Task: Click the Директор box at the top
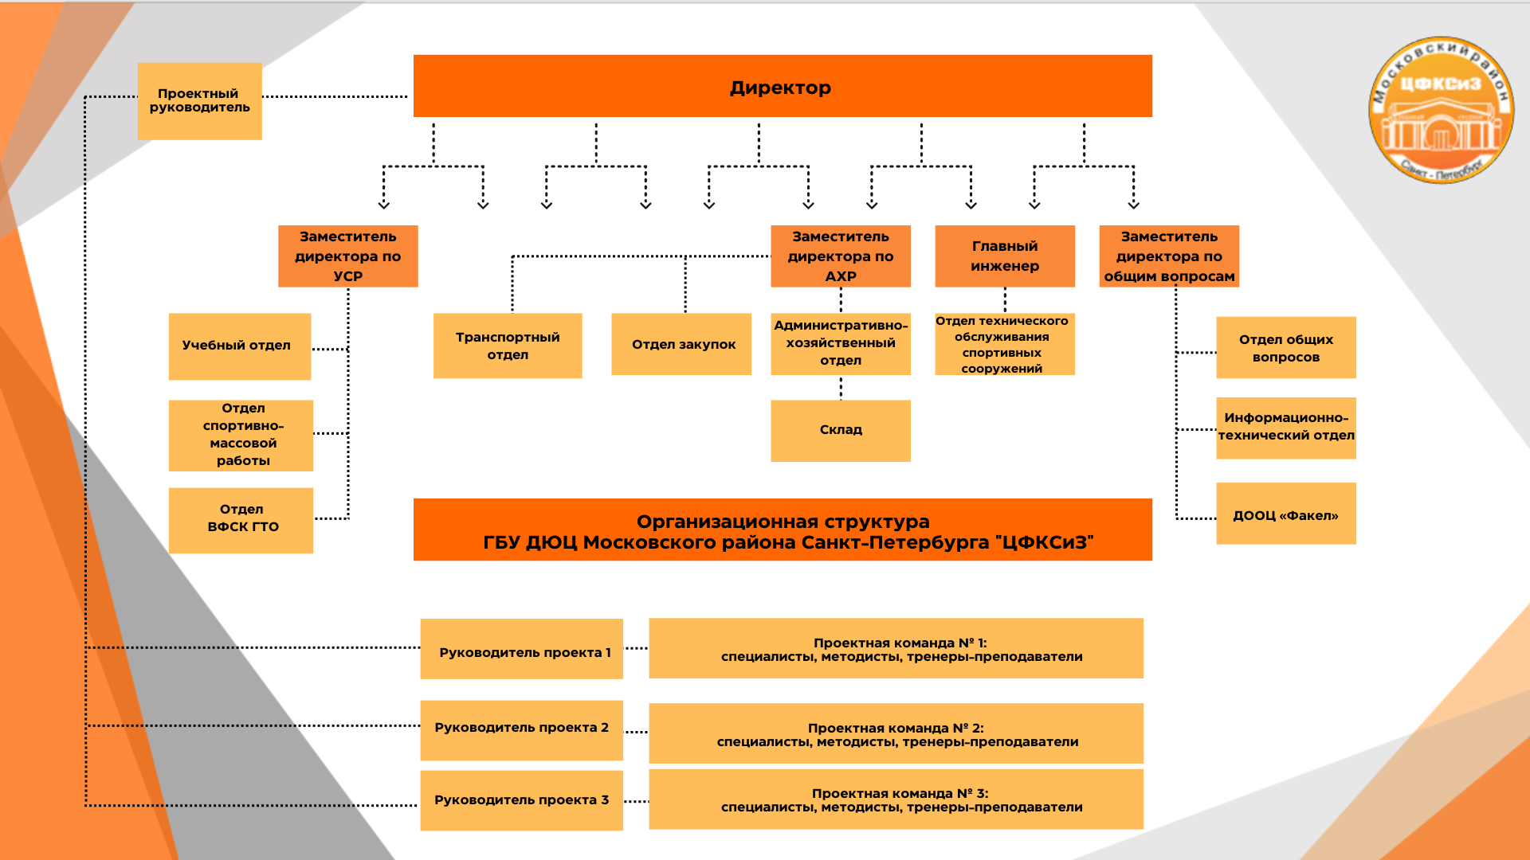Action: click(x=782, y=87)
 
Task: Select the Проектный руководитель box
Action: click(x=199, y=101)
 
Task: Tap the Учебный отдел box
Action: click(x=239, y=346)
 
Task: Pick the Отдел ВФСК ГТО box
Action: click(x=241, y=519)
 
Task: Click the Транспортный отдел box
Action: click(x=508, y=346)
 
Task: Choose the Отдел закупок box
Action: click(x=681, y=344)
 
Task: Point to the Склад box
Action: click(x=840, y=430)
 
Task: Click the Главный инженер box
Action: click(x=1004, y=256)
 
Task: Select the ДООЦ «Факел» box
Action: click(x=1285, y=514)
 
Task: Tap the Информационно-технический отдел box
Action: click(x=1285, y=428)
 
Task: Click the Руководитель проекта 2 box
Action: click(x=521, y=729)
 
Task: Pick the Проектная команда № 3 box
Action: click(x=896, y=799)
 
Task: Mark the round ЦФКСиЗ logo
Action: click(x=1441, y=109)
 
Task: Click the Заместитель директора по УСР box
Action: click(x=347, y=256)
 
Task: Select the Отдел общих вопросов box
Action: click(x=1285, y=348)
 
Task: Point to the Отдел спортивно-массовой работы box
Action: click(x=241, y=435)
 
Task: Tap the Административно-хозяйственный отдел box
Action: click(x=840, y=343)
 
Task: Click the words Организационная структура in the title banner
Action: click(x=783, y=522)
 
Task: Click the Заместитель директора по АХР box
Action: click(x=840, y=256)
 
